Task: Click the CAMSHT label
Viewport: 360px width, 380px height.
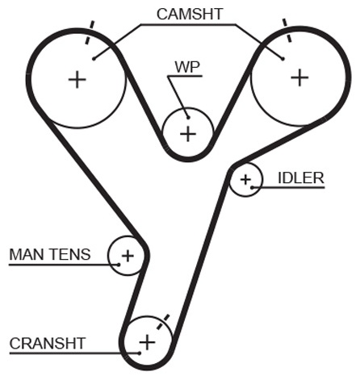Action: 190,14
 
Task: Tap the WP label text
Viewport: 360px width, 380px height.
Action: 187,67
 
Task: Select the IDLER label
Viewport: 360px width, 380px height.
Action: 301,178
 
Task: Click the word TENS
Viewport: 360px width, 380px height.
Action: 70,254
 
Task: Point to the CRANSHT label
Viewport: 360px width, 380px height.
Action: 48,344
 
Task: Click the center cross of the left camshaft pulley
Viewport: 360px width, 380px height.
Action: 77,80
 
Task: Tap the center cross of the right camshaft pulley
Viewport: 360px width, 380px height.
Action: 299,77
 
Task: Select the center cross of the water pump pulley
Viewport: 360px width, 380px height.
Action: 188,134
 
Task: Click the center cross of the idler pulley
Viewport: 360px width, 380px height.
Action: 245,180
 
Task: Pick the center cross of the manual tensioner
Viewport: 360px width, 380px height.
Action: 128,256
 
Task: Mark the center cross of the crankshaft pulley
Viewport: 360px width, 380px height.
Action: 147,342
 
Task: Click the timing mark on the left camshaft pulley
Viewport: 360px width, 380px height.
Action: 90,32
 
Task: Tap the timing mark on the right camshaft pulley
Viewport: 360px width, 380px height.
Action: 287,30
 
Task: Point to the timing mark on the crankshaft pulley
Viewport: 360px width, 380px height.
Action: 163,322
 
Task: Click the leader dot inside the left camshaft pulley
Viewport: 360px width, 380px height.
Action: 94,59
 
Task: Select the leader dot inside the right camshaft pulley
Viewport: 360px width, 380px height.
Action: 283,59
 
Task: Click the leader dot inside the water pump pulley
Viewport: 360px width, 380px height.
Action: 188,118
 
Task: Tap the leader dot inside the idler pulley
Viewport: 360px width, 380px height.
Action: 252,187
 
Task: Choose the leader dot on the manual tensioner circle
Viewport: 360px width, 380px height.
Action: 119,265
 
